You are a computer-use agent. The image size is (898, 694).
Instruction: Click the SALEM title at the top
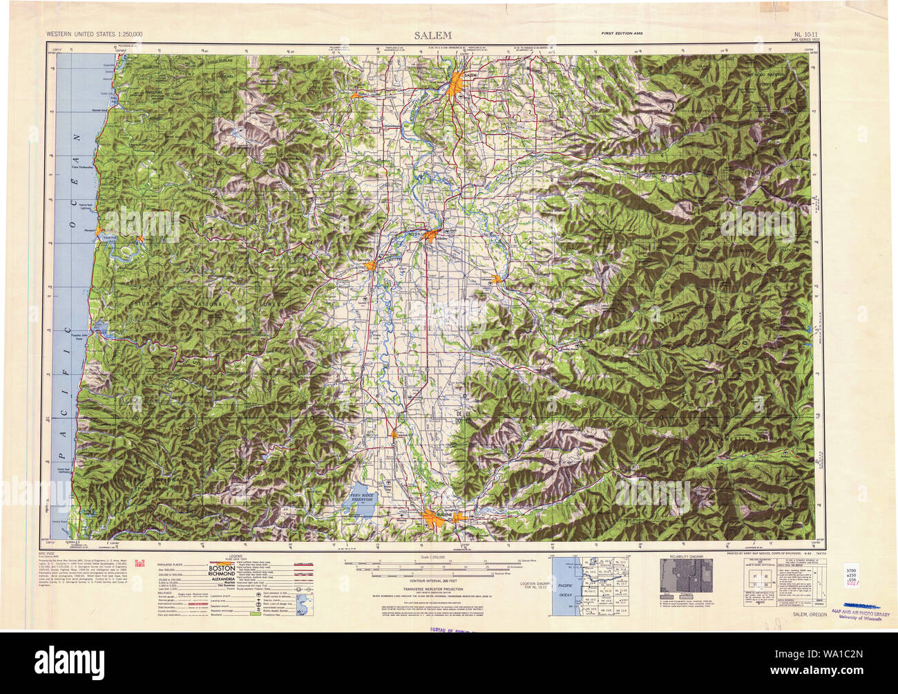(433, 35)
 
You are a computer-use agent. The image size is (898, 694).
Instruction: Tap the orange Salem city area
(457, 86)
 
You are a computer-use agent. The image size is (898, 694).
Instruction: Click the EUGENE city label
(433, 512)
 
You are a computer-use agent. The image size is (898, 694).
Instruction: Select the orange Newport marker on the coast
(99, 230)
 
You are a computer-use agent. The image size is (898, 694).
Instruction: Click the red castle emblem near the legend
(142, 562)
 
